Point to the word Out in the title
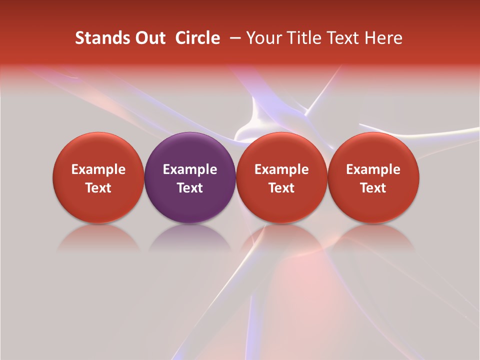coord(149,38)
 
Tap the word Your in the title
coord(263,38)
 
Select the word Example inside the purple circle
coord(190,170)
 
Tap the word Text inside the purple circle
coord(190,188)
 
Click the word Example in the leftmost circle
coord(98,170)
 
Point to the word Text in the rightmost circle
coord(373,188)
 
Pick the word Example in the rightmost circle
coord(373,170)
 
